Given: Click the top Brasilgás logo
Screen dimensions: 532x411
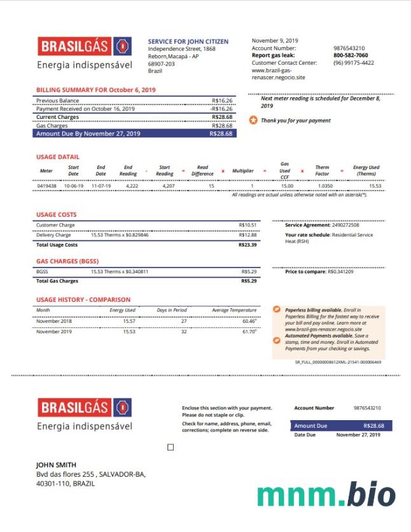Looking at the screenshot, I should [85, 46].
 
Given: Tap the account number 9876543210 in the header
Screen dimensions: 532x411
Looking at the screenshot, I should [349, 48].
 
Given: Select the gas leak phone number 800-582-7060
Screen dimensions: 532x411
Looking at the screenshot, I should [351, 55].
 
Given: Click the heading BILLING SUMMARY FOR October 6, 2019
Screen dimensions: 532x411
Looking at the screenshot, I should [96, 90].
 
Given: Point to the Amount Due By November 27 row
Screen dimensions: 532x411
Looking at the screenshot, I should [135, 134].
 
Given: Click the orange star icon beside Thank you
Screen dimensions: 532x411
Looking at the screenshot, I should [253, 120].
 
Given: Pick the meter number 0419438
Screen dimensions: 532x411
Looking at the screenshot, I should [47, 186].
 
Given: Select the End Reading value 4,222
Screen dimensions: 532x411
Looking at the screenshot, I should [132, 186].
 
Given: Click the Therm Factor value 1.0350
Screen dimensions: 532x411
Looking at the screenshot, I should [325, 186].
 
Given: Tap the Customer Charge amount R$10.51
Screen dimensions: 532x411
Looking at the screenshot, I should [247, 225].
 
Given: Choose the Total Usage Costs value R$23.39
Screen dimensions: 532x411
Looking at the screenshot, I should [247, 245].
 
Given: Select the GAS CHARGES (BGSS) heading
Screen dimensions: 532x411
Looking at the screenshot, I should [67, 261].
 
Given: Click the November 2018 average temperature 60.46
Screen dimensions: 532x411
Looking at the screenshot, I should [249, 322].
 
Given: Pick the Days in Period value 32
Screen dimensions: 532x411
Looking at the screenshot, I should [184, 332].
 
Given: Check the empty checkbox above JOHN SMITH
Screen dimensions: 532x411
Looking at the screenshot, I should [171, 447].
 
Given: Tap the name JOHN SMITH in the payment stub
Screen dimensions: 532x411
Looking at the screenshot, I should [56, 465].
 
